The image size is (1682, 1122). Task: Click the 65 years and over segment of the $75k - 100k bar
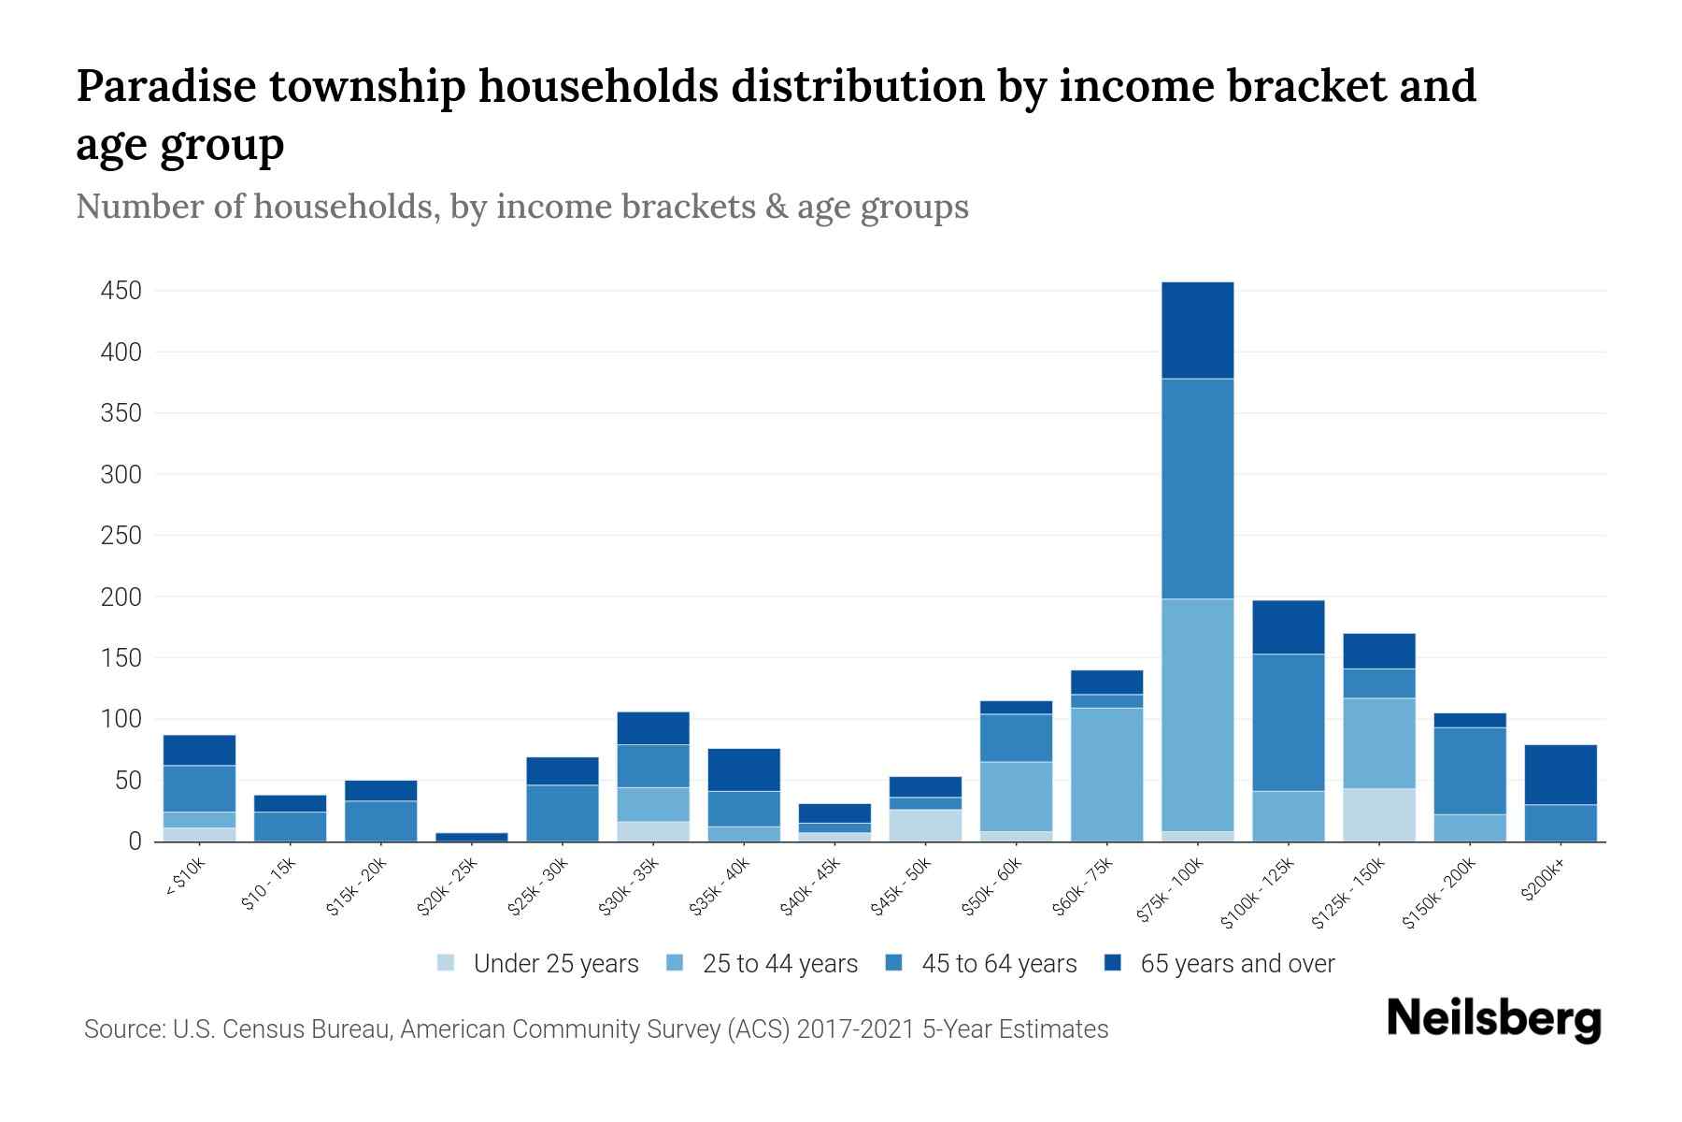tap(1197, 330)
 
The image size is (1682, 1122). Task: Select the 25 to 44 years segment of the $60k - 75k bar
tap(1106, 774)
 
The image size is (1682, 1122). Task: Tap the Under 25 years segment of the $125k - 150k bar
tap(1378, 814)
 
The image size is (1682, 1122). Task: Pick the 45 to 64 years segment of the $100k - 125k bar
tap(1288, 722)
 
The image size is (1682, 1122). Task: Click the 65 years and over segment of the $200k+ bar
tap(1560, 774)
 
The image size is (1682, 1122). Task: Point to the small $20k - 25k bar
tap(472, 837)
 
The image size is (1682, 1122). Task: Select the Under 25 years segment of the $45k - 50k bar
tap(925, 825)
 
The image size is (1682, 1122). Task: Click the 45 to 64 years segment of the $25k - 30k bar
tap(563, 813)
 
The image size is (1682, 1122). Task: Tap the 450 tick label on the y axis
tap(121, 292)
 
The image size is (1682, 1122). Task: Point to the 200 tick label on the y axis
tap(121, 597)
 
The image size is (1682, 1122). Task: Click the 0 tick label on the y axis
tap(135, 841)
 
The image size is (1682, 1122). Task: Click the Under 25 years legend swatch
tap(447, 963)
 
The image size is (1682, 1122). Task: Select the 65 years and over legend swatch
tap(1113, 963)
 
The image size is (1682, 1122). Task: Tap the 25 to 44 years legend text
tap(780, 964)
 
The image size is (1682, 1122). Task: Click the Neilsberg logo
tap(1493, 1019)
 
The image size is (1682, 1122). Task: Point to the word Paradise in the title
tap(165, 86)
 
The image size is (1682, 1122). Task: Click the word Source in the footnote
tap(121, 1029)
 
